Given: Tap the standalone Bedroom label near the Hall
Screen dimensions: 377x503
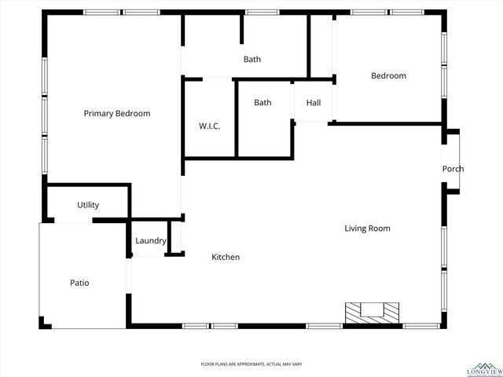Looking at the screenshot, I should tap(388, 76).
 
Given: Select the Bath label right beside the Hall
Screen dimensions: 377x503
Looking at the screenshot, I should tap(263, 103).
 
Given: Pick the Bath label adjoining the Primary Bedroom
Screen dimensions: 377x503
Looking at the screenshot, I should tap(251, 60).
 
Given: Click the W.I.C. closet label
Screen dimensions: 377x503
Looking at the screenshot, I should tap(209, 126).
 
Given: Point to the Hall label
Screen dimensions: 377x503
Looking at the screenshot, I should tap(314, 103).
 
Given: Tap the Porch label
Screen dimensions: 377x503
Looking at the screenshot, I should tap(453, 169).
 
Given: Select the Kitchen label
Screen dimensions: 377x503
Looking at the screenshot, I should tap(226, 258).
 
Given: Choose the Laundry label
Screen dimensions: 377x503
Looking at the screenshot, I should tap(150, 241).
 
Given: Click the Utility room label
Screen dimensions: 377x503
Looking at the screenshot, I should tap(88, 205).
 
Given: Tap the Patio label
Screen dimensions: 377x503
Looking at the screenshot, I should tap(79, 283).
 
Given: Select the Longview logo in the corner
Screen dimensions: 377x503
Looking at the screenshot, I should tap(483, 368).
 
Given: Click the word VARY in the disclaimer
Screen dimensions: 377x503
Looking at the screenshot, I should tap(297, 364).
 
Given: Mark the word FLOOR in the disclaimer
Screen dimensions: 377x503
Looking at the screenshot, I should tap(208, 364).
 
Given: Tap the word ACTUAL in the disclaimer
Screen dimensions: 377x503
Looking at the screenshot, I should tap(274, 364).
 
